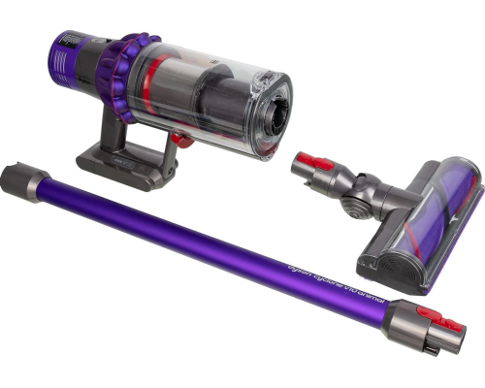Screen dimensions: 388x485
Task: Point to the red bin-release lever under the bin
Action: (178, 139)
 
